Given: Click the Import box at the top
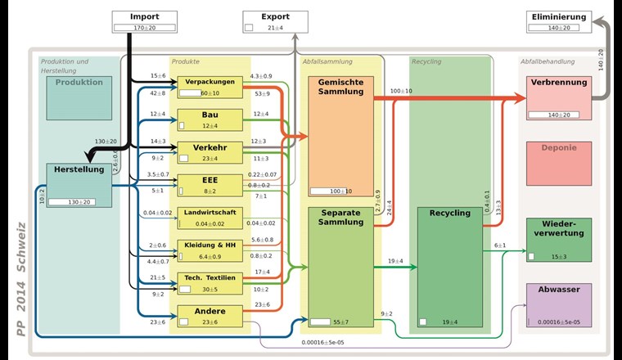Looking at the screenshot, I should (145, 21).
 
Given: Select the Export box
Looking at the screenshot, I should (275, 21).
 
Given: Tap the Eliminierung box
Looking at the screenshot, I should (559, 21).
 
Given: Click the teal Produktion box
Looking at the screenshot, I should (79, 97).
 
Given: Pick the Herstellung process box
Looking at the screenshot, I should (79, 184).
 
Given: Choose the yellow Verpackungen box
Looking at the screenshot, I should (210, 87).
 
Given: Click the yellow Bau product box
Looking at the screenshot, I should (210, 119).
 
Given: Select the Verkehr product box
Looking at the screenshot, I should (210, 152).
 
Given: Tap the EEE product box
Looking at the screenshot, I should (210, 185).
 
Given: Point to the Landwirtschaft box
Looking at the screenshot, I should (210, 218).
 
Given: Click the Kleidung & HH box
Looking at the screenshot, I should (210, 250).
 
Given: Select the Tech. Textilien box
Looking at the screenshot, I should (210, 283).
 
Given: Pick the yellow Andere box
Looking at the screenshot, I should (210, 316).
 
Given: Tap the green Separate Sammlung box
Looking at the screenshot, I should (341, 267).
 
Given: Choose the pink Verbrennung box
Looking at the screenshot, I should (559, 97).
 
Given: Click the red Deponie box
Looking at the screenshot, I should (559, 163).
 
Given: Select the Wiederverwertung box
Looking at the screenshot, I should (559, 240).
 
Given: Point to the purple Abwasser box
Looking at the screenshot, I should (559, 305).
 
